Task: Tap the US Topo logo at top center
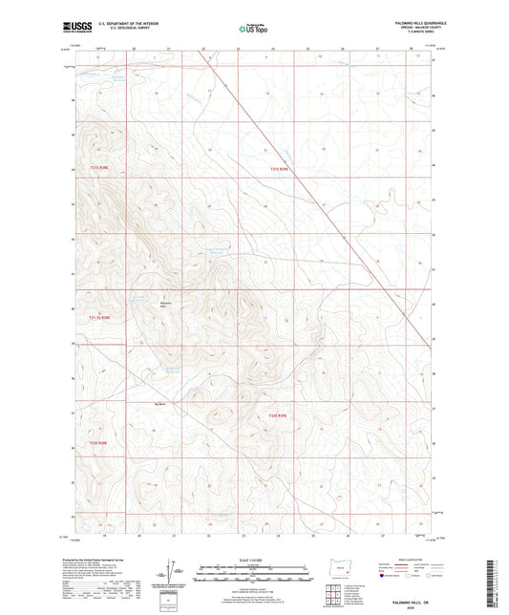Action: (x=252, y=30)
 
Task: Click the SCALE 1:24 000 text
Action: (x=253, y=560)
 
